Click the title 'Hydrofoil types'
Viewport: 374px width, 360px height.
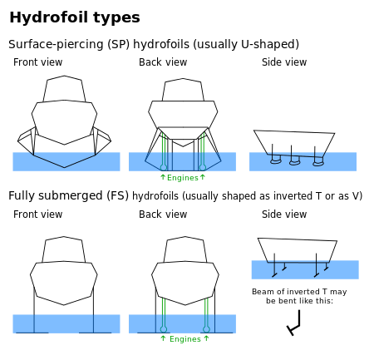75,17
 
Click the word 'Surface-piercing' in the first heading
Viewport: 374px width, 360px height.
56,44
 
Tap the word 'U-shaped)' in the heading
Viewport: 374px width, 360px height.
270,44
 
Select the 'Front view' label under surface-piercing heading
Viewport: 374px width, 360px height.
38,62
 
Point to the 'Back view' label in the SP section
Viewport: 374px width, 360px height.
163,62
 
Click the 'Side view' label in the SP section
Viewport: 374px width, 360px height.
284,62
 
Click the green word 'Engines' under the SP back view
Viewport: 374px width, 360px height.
183,178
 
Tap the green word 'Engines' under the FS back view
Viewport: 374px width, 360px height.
185,339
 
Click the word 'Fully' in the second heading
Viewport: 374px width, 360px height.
22,196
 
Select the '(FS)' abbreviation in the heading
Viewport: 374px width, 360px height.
118,195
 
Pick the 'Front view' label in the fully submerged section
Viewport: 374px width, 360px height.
38,215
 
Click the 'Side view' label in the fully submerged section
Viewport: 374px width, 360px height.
284,215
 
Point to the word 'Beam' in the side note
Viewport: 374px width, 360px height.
262,292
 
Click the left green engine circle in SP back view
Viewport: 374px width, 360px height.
164,167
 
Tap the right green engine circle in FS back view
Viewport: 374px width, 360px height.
206,329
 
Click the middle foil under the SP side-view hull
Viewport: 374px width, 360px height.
294,161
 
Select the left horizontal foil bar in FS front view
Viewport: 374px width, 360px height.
32,333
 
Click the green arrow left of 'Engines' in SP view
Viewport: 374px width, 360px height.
163,177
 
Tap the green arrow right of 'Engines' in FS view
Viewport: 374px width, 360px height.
206,338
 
